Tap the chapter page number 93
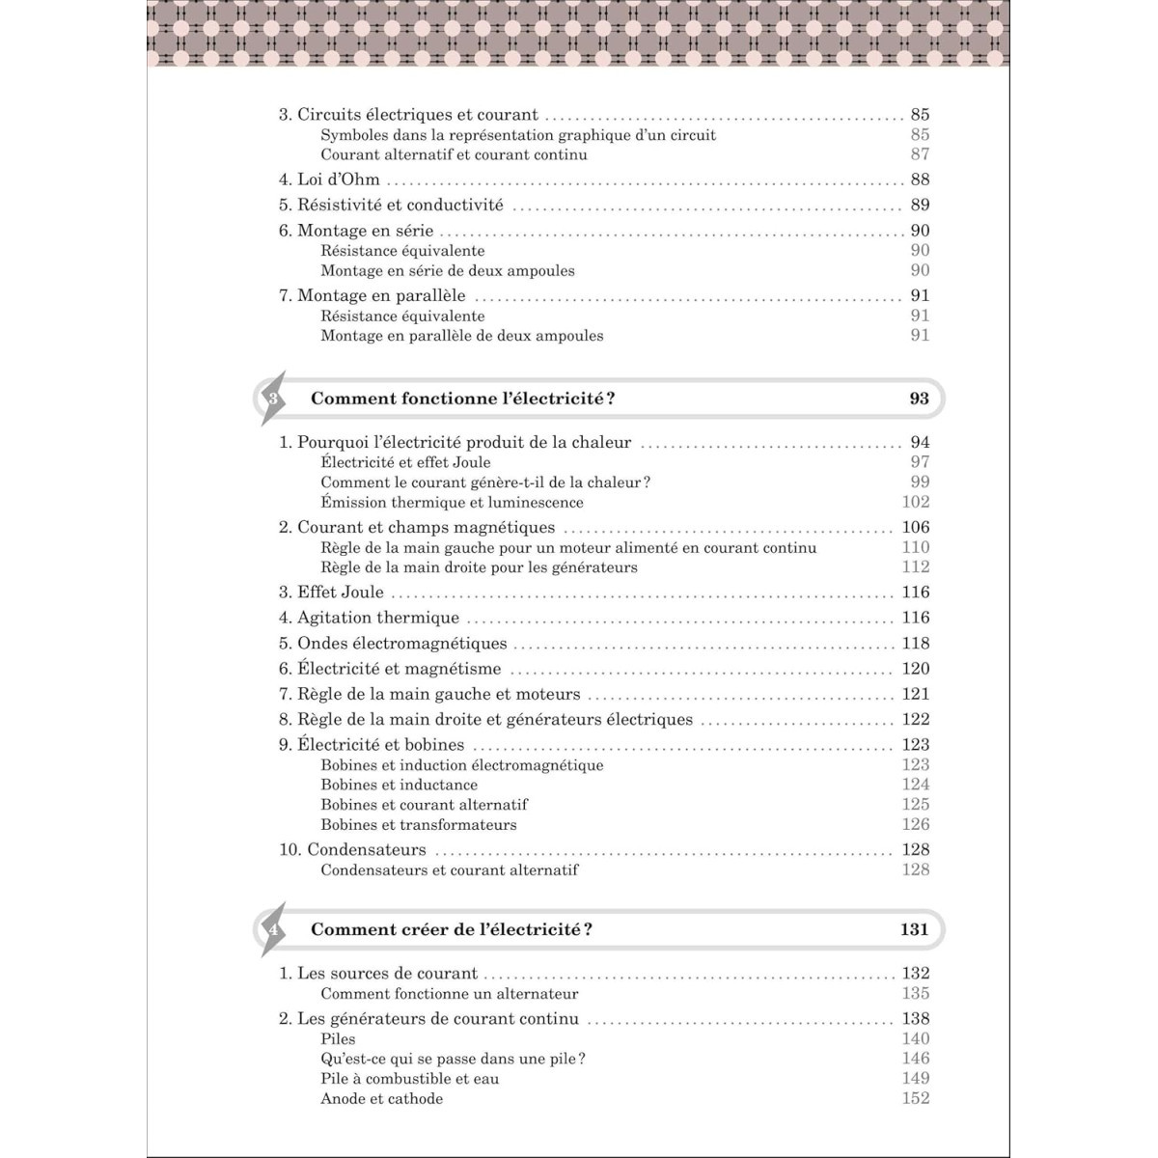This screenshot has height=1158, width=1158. pyautogui.click(x=919, y=399)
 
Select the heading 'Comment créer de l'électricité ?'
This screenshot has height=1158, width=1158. pyautogui.click(x=452, y=929)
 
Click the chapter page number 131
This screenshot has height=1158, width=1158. pyautogui.click(x=914, y=929)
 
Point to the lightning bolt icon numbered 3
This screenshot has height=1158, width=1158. pyautogui.click(x=273, y=398)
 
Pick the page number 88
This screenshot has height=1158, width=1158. pyautogui.click(x=920, y=179)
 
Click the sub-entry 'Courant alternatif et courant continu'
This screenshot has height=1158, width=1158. pyautogui.click(x=454, y=154)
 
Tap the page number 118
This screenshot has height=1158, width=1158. pyautogui.click(x=916, y=644)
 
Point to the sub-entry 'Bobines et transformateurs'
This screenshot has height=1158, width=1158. pyautogui.click(x=419, y=825)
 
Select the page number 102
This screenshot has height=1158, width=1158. pyautogui.click(x=916, y=502)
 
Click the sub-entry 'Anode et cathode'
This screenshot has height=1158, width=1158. pyautogui.click(x=382, y=1099)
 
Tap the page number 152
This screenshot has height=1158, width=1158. pyautogui.click(x=916, y=1098)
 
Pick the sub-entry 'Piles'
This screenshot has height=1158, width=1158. pyautogui.click(x=338, y=1039)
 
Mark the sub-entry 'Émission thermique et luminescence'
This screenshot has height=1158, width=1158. pyautogui.click(x=452, y=502)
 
